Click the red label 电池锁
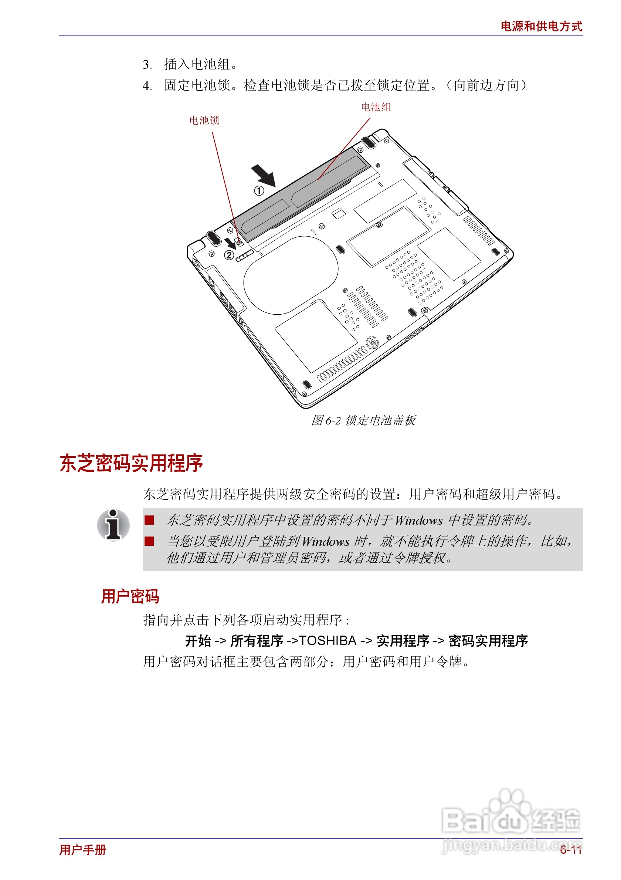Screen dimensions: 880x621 tap(204, 120)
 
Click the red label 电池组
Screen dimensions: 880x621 tap(376, 107)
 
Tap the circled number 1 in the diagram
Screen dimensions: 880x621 tap(259, 190)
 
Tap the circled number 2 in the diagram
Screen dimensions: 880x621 tap(229, 255)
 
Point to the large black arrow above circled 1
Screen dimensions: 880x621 tap(264, 175)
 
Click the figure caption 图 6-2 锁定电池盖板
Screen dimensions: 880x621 tap(363, 420)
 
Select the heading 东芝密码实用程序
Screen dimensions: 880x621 tap(131, 463)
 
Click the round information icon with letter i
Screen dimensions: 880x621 tap(113, 525)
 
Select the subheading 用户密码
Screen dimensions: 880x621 tap(130, 596)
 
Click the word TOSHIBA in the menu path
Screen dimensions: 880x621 tap(328, 640)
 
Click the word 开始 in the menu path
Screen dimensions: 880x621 tap(198, 640)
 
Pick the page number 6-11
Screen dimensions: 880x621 tap(570, 850)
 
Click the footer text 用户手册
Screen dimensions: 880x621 tap(83, 850)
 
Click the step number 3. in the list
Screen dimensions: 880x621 tap(147, 64)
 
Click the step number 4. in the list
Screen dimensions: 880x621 tap(147, 85)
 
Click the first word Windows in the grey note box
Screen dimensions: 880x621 tap(418, 521)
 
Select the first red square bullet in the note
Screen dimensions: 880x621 tap(149, 520)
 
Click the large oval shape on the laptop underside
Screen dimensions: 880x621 tap(291, 275)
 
